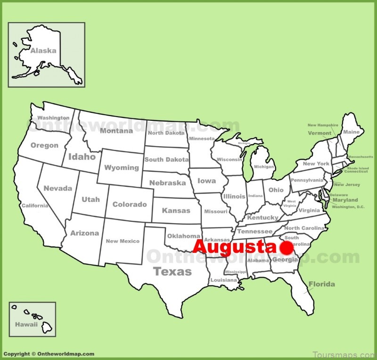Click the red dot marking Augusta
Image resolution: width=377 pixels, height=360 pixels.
tap(286, 248)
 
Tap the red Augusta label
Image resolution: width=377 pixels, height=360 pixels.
tap(233, 247)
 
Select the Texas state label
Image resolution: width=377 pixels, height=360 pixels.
tap(172, 271)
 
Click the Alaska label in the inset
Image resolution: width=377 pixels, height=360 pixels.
tap(43, 50)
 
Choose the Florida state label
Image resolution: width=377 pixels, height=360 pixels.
tap(322, 284)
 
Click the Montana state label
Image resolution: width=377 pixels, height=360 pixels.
tap(116, 131)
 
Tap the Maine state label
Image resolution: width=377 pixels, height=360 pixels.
tap(351, 132)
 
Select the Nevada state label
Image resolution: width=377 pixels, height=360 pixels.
tap(58, 188)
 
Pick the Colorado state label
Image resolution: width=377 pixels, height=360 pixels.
tap(130, 204)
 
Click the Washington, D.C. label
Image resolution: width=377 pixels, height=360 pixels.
tap(348, 207)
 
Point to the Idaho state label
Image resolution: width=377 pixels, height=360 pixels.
tap(82, 157)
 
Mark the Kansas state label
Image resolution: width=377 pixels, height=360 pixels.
tap(176, 210)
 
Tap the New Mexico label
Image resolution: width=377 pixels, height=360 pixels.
tap(123, 241)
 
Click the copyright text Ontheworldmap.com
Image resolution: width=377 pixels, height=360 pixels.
tap(49, 354)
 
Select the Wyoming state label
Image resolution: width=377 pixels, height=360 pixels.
tap(122, 167)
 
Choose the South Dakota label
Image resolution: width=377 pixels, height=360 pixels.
tap(166, 159)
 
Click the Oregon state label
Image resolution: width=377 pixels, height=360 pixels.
tap(45, 145)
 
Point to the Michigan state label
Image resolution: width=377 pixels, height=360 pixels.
tap(264, 167)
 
